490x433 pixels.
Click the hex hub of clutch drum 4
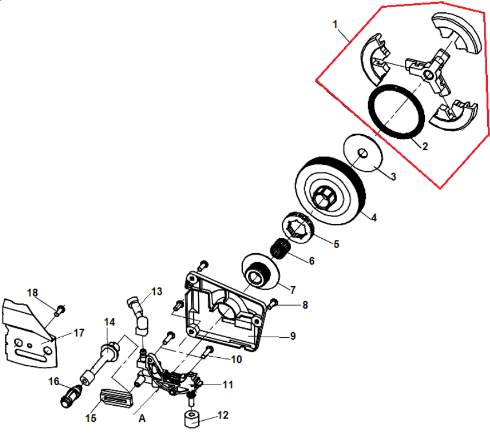(325, 198)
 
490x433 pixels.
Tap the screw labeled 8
(273, 303)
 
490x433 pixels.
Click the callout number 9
(292, 336)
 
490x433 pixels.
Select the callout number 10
(236, 360)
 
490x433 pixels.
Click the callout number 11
(228, 385)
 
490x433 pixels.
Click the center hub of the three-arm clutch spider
(429, 75)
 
